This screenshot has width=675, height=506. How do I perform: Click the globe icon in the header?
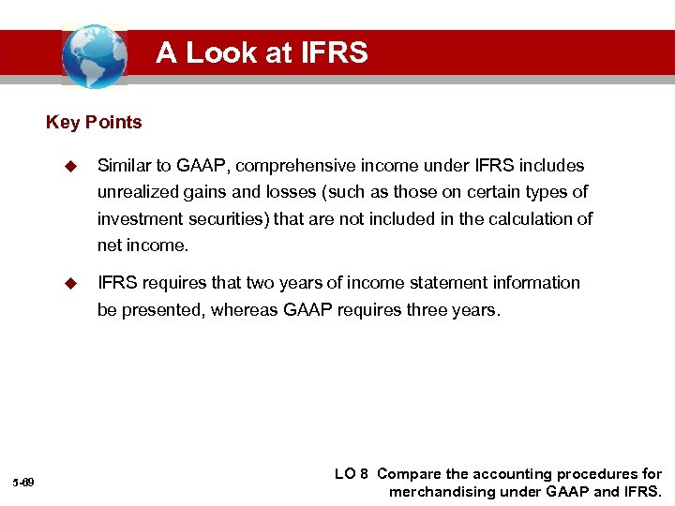pos(94,56)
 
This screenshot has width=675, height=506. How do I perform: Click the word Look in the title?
pos(223,52)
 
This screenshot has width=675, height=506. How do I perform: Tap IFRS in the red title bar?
pos(333,52)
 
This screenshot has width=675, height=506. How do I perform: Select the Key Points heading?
pos(94,123)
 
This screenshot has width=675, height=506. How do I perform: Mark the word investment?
pos(137,219)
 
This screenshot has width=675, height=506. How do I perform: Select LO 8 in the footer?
pos(352,474)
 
